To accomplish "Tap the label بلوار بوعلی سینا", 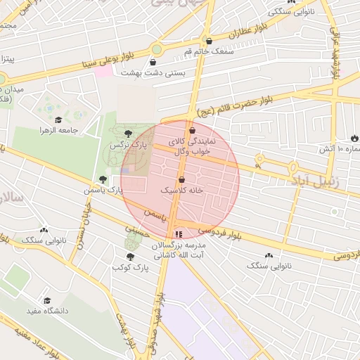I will click(148, 59).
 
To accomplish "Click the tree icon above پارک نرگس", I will click(127, 133).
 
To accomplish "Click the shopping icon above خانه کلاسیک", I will click(181, 179).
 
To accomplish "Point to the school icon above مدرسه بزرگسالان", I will click(179, 234).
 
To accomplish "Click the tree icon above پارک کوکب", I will click(129, 257).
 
